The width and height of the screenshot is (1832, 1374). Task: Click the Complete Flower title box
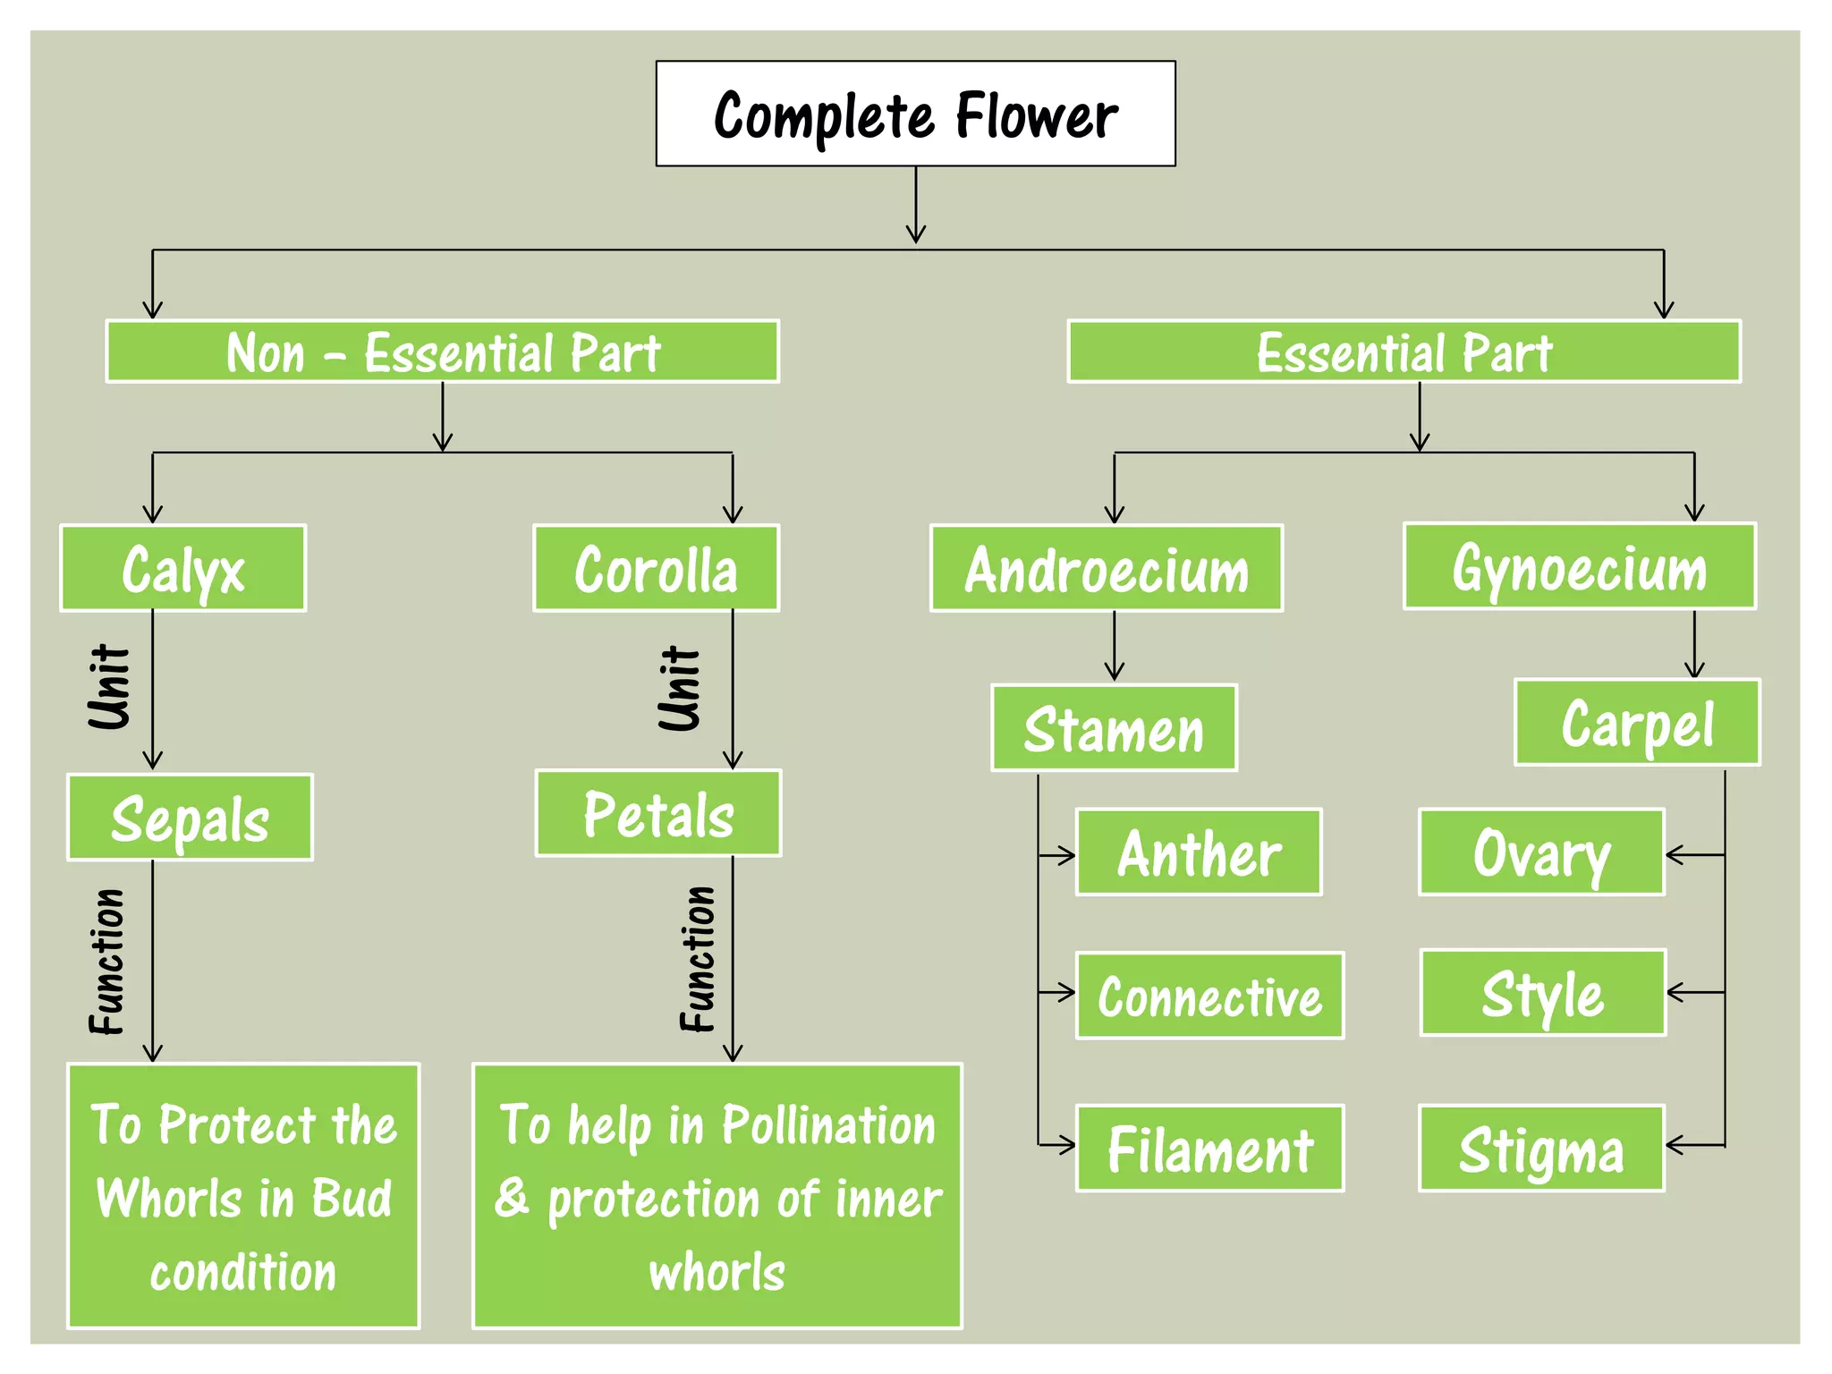point(915,114)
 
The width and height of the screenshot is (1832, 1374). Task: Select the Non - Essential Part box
point(442,352)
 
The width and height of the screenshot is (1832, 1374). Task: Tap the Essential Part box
point(1404,352)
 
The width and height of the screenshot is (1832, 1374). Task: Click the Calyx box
point(183,569)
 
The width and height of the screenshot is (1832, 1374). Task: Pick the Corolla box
point(656,569)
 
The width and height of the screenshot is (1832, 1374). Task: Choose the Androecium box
point(1107,569)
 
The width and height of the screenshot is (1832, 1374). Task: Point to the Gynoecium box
point(1580,567)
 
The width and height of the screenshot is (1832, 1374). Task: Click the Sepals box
point(190,818)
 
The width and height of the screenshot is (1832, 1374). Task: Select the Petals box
point(658,813)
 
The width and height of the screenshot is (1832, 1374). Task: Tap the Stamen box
point(1114,728)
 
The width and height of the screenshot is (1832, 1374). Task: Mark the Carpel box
point(1637,723)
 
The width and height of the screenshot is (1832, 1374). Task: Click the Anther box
point(1199,852)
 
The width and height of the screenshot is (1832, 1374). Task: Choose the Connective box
point(1209,996)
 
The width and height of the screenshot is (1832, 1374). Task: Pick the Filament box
point(1209,1149)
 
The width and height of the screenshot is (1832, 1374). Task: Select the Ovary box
point(1541,852)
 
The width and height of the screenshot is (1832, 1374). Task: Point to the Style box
point(1542,993)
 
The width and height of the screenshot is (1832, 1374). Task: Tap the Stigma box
point(1541,1149)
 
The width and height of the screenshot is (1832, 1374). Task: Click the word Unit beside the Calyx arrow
point(110,687)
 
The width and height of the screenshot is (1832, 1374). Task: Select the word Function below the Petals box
point(698,959)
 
